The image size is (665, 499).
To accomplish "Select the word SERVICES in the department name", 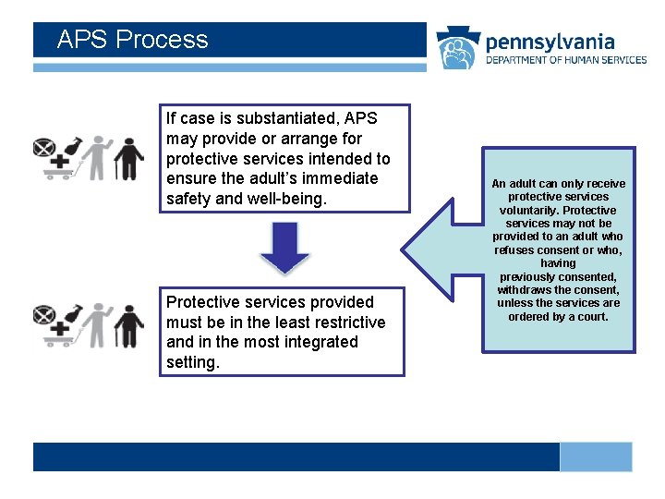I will pos(622,60).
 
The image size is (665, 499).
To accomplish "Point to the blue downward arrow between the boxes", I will pos(284,247).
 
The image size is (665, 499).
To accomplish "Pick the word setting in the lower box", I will pos(191,362).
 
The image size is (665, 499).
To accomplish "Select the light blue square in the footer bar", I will pos(596,456).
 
